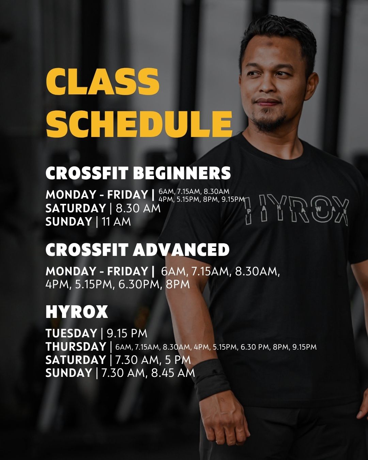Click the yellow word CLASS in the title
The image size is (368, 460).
tap(103, 82)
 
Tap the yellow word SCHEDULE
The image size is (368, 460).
tap(139, 124)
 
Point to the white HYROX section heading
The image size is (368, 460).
tap(77, 312)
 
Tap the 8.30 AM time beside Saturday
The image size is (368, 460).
tap(138, 209)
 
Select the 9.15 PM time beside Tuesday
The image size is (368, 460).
tap(127, 334)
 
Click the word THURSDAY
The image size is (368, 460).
tap(76, 347)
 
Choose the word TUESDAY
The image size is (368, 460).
tap(72, 334)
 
